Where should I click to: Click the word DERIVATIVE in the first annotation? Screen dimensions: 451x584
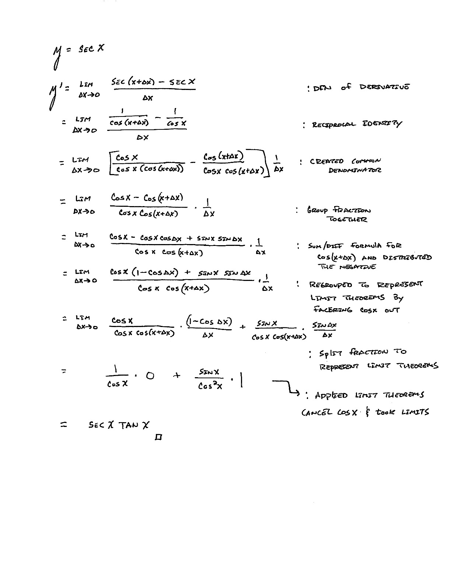click(384, 87)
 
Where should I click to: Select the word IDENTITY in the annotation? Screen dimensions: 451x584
click(382, 124)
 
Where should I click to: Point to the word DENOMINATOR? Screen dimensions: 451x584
click(355, 170)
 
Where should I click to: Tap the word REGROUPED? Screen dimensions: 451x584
click(331, 285)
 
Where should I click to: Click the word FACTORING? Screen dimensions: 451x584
click(332, 310)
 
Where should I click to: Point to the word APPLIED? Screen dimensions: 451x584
click(331, 396)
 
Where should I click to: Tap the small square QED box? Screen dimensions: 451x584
click(159, 437)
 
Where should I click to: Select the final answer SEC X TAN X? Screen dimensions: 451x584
click(119, 425)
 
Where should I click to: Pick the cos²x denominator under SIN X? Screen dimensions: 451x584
click(210, 386)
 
